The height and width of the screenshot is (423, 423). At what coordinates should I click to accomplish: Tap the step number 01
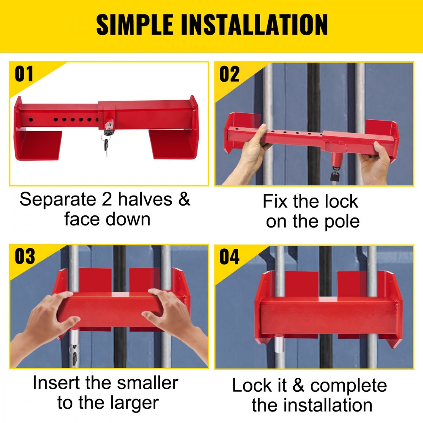pos(24,74)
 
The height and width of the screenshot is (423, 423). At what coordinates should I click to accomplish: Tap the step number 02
pos(229,74)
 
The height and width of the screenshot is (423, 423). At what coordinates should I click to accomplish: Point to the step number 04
pos(229,257)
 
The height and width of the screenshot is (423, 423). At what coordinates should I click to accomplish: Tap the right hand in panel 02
pos(375,163)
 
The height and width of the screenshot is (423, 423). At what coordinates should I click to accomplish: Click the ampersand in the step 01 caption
pos(184,199)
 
